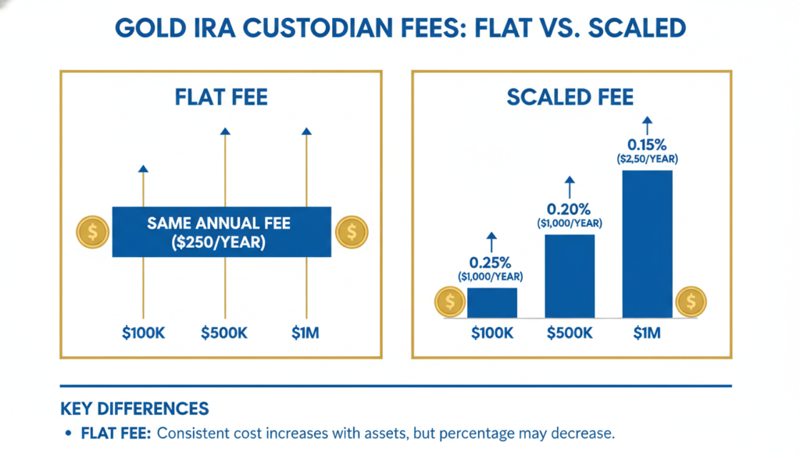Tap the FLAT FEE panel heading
point(222,98)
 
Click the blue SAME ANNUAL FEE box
point(222,232)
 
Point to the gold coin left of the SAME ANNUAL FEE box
point(92,232)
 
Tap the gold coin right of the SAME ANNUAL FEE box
point(352,232)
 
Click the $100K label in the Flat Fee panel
point(143,333)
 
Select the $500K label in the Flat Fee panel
point(224,333)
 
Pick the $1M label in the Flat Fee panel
point(305,333)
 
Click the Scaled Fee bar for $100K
point(491,302)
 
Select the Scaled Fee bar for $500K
point(570,276)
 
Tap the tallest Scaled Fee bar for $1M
point(648,244)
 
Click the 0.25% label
point(491,262)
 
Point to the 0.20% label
point(570,209)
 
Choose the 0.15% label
point(648,145)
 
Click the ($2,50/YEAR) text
point(648,159)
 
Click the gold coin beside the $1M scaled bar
point(691,302)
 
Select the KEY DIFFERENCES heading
point(134,409)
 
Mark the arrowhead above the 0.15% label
point(647,120)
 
